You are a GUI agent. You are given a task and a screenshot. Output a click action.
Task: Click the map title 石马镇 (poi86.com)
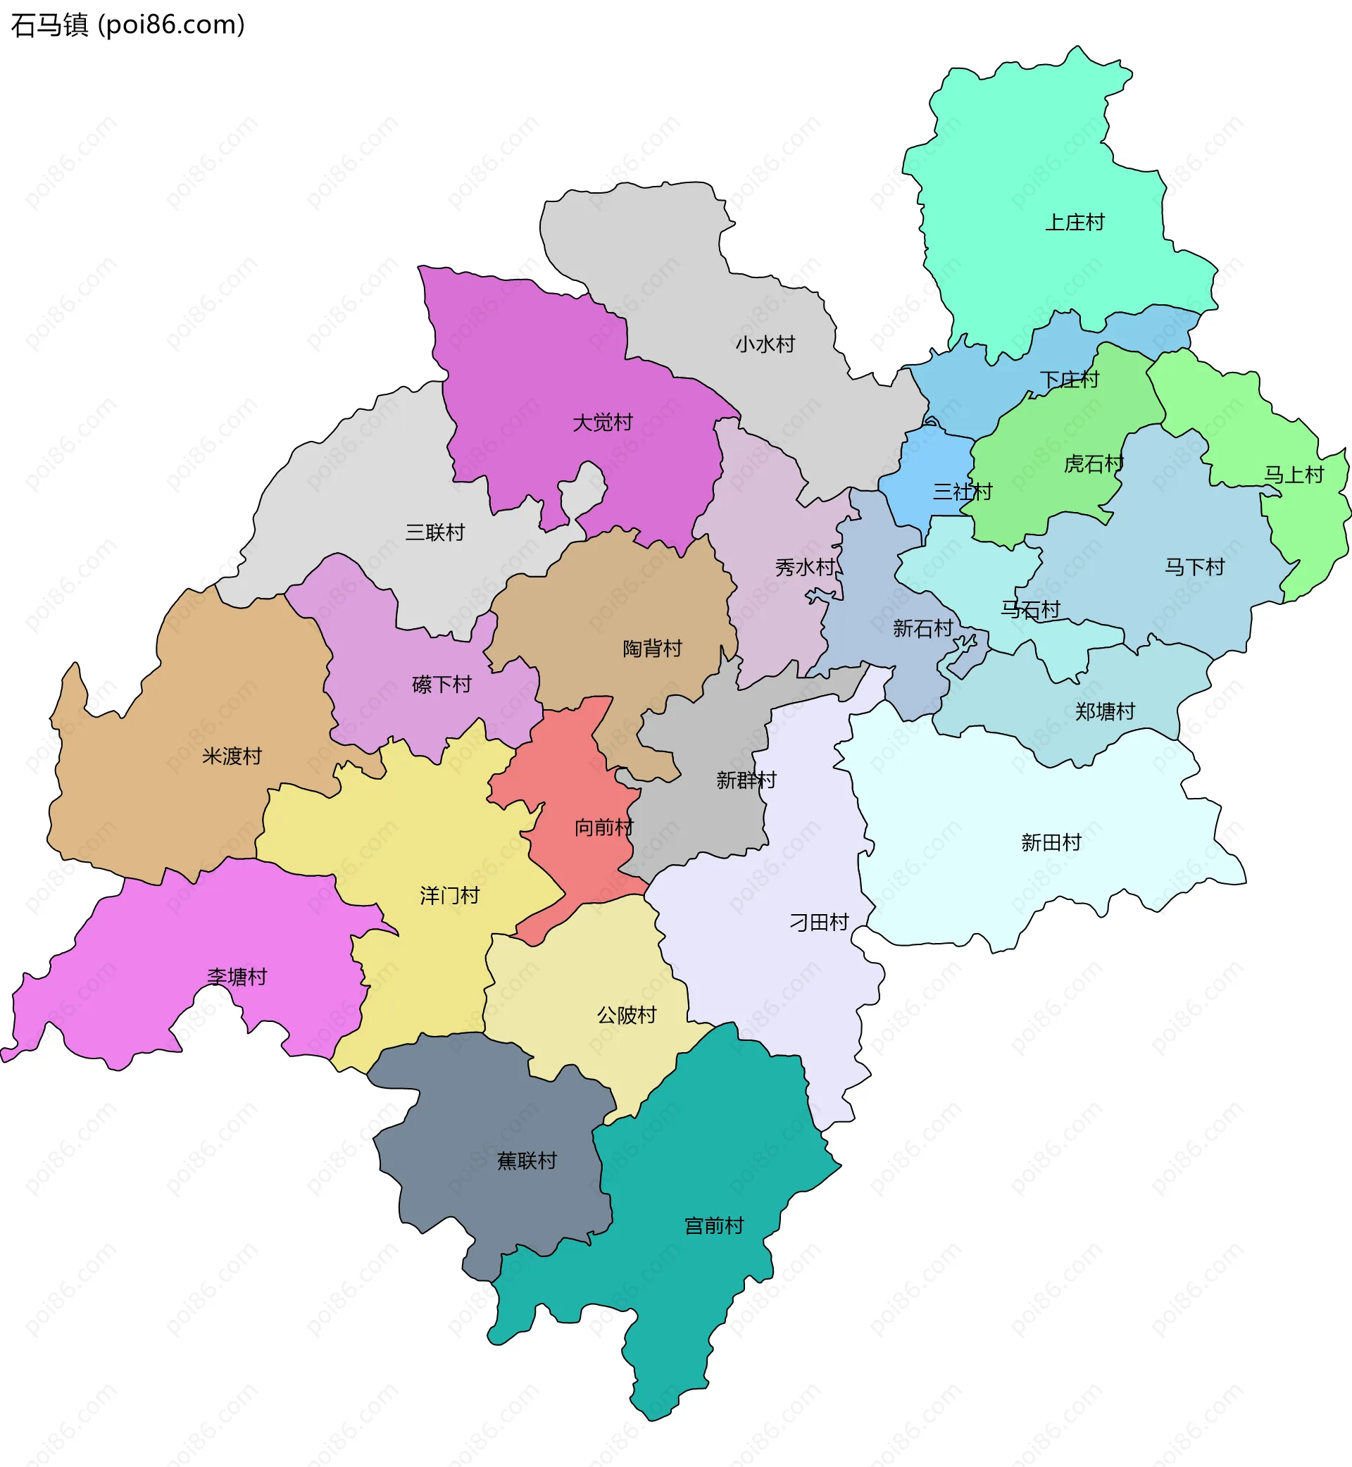(128, 25)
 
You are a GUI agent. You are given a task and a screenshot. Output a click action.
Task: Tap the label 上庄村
(1074, 223)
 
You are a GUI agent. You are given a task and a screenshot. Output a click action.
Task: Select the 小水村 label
(765, 344)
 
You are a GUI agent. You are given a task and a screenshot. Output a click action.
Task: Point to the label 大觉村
(602, 423)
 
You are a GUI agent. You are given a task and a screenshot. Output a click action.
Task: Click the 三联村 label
(435, 532)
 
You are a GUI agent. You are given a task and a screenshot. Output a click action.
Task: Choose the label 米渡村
(232, 756)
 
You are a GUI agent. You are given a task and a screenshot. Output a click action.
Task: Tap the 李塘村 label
(237, 977)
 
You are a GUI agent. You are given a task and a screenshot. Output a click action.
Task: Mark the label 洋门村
(449, 896)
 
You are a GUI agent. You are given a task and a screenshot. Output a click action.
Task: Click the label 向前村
(603, 828)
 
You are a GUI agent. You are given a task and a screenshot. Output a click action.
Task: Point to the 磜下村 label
(442, 685)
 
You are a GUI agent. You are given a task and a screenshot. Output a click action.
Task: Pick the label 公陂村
(627, 1015)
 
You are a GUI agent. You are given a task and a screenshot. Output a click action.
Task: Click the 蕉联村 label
(527, 1161)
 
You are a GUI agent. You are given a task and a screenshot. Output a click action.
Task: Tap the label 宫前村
(714, 1225)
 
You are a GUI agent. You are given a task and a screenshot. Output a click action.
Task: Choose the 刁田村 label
(819, 923)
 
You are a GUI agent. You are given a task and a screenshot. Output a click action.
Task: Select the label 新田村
(1051, 843)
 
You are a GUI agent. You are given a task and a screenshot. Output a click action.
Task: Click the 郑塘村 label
(1105, 711)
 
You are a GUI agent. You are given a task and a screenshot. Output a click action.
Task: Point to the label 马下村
(1194, 567)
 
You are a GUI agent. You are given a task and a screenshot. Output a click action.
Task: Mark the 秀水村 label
(805, 567)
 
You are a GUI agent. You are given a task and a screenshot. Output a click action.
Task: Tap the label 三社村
(962, 492)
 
